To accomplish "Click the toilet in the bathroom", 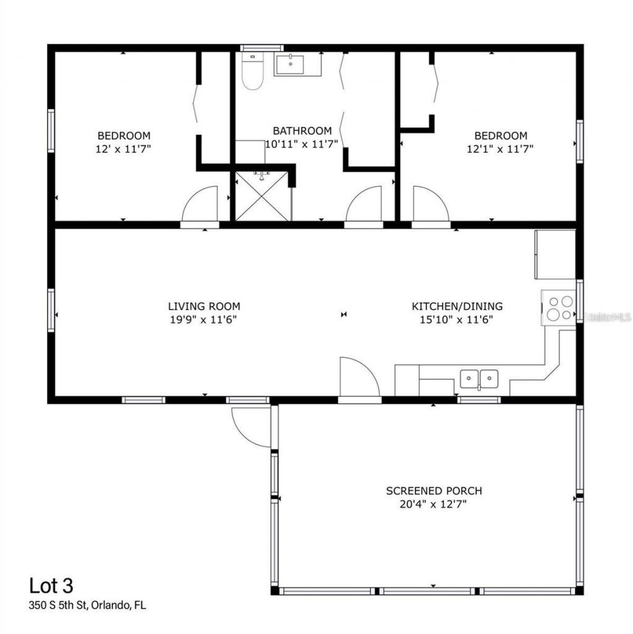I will pyautogui.click(x=252, y=74).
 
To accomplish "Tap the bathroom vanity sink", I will pyautogui.click(x=289, y=64).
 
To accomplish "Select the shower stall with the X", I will pyautogui.click(x=263, y=195).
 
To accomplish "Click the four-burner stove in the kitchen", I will pyautogui.click(x=559, y=308).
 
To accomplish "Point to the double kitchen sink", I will pyautogui.click(x=480, y=377).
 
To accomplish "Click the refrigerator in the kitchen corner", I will pyautogui.click(x=555, y=254).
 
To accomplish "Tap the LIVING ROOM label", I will pyautogui.click(x=204, y=306).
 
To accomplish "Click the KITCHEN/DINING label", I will pyautogui.click(x=457, y=306).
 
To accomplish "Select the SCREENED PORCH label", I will pyautogui.click(x=434, y=491).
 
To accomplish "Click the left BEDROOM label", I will pyautogui.click(x=124, y=135).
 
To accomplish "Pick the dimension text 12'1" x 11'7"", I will pyautogui.click(x=500, y=148).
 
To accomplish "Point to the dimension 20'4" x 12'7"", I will pyautogui.click(x=433, y=504).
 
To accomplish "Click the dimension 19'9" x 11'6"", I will pyautogui.click(x=204, y=319).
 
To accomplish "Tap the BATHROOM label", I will pyautogui.click(x=302, y=130).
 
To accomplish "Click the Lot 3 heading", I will pyautogui.click(x=54, y=585).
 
